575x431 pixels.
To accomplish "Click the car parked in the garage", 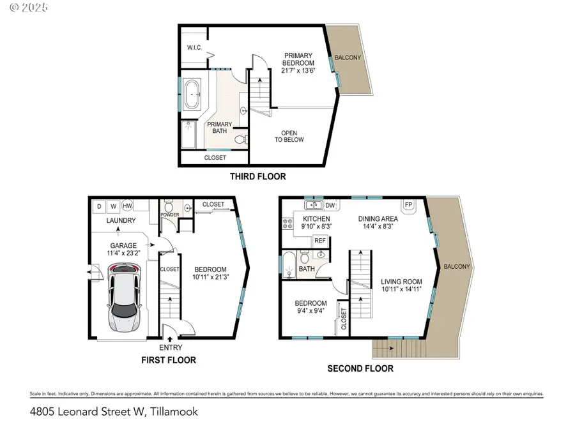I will pos(124,298).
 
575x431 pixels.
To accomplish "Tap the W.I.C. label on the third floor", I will pos(195,47).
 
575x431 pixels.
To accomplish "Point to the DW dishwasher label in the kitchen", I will pos(330,206).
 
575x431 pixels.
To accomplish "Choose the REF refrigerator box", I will pos(320,241).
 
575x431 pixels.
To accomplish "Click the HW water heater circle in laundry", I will pos(128,206).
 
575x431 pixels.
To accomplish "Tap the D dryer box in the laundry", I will pos(99,206).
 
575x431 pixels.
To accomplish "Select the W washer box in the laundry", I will pos(113,206).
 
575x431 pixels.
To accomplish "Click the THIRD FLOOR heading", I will pos(258,176).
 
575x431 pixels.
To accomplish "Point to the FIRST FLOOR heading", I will pos(168,360).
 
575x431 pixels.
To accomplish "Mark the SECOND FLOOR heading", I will pos(360,368).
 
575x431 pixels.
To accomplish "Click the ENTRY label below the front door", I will pos(171,347).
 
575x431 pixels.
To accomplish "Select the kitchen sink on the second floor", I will pos(313,205).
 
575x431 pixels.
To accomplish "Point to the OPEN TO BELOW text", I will pos(289,137).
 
